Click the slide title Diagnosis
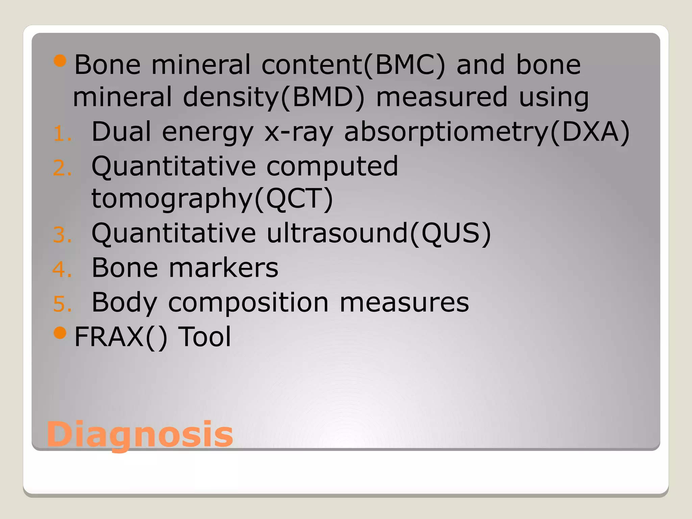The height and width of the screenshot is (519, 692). pyautogui.click(x=140, y=434)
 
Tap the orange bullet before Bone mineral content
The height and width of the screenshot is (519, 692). pyautogui.click(x=60, y=61)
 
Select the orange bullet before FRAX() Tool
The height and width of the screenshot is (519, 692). pyautogui.click(x=60, y=333)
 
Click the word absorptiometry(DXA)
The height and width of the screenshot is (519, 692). pyautogui.click(x=487, y=132)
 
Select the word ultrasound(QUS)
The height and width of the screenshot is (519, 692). pyautogui.click(x=378, y=233)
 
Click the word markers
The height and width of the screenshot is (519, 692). pyautogui.click(x=223, y=268)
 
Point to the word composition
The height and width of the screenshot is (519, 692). pyautogui.click(x=248, y=302)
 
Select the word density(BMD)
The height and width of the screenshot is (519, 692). pyautogui.click(x=274, y=97)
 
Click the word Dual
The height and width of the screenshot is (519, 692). pyautogui.click(x=121, y=132)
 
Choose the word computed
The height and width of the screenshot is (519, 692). pyautogui.click(x=332, y=166)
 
